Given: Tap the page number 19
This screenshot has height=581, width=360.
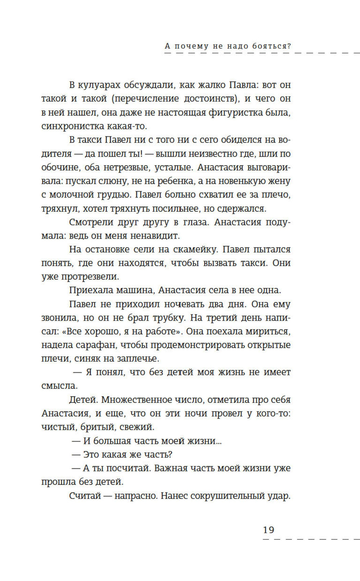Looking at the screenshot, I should (269, 530).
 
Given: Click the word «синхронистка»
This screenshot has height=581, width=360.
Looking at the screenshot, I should (72, 126).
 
